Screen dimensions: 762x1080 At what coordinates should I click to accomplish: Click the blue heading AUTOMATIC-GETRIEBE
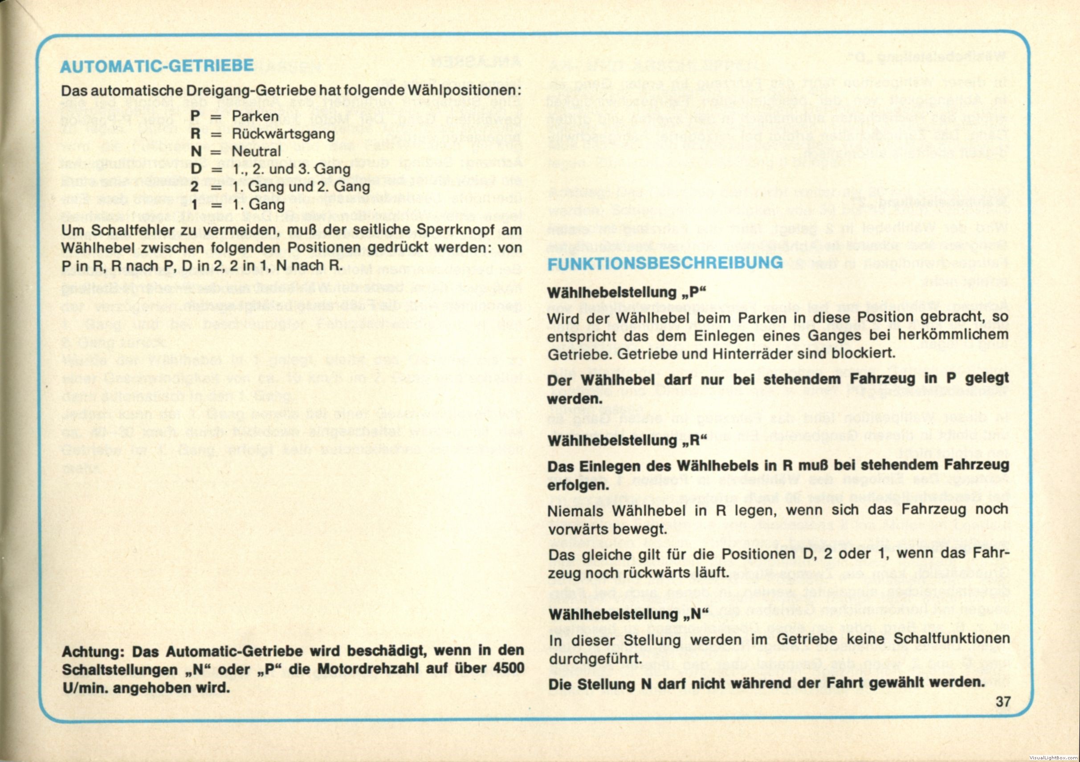click(x=157, y=66)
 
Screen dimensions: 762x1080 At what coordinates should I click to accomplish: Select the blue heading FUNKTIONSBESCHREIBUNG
click(x=665, y=263)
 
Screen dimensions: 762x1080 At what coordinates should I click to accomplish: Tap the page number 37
click(x=1003, y=702)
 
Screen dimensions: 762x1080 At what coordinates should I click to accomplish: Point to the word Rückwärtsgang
click(x=283, y=134)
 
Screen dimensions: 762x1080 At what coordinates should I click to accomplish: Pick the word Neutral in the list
click(x=256, y=151)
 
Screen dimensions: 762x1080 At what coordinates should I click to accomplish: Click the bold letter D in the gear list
click(x=196, y=169)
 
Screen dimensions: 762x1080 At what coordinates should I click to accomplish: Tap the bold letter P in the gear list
click(x=195, y=116)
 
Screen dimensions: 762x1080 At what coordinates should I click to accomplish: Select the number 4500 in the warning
click(x=509, y=668)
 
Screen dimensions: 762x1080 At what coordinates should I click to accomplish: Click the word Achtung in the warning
click(x=94, y=652)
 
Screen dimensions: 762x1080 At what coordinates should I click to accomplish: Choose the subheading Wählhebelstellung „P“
click(x=627, y=293)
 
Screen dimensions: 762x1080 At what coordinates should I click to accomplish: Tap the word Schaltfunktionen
click(x=951, y=639)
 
